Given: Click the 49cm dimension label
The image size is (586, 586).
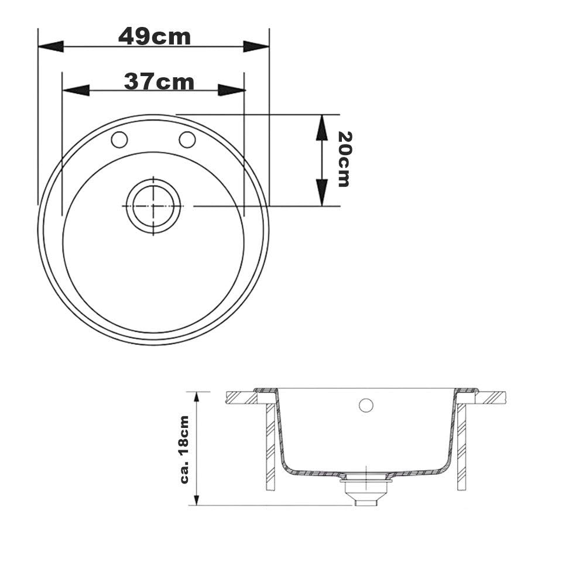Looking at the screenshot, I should (x=155, y=36).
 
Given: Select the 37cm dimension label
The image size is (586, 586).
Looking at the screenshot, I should (x=159, y=82).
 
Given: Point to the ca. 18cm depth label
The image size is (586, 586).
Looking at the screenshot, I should (x=184, y=449).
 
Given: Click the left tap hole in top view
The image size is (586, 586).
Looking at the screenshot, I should (x=119, y=140).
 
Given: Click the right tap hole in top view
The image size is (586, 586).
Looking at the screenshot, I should (x=187, y=139).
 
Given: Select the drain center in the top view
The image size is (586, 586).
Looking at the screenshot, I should (x=153, y=206).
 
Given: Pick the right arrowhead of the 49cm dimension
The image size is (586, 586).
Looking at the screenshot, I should (x=256, y=46).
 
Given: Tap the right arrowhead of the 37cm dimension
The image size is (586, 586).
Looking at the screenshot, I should (x=231, y=90).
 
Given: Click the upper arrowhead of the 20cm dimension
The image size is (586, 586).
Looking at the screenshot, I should (x=321, y=128).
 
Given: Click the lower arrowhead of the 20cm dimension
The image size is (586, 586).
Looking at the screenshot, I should (x=321, y=193).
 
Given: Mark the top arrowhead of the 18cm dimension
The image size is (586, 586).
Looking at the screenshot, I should (x=198, y=398).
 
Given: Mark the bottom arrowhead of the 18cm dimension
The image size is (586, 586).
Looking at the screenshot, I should (x=198, y=498).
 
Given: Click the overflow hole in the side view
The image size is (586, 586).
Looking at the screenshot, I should (x=366, y=405).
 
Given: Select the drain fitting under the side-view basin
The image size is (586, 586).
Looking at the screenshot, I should (x=365, y=489).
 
